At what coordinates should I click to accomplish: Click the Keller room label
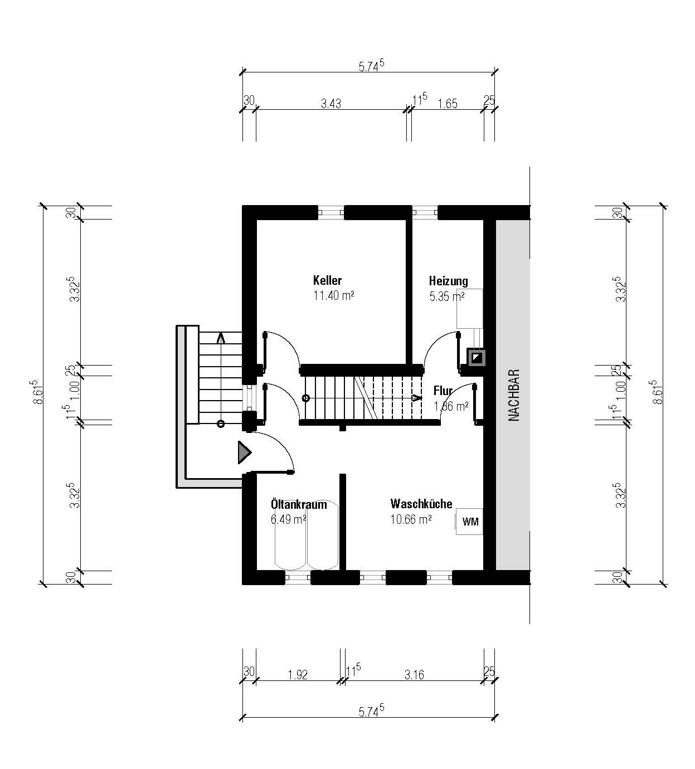[x=327, y=280]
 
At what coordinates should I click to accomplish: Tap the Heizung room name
[x=448, y=281]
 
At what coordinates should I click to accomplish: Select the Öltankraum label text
[x=299, y=504]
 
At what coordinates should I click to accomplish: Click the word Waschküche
[x=421, y=503]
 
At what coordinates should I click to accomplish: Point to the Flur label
[x=443, y=391]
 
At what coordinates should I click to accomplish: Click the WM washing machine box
[x=469, y=522]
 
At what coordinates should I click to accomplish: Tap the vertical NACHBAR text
[x=513, y=395]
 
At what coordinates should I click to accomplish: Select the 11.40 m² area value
[x=334, y=295]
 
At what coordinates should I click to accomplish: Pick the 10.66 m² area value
[x=411, y=519]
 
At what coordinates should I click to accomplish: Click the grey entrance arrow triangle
[x=244, y=452]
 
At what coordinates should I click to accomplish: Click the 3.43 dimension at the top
[x=331, y=104]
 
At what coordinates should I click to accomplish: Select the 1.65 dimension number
[x=448, y=104]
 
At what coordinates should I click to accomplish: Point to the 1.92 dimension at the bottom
[x=298, y=675]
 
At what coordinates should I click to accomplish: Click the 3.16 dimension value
[x=414, y=675]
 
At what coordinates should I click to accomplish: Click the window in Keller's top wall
[x=331, y=212]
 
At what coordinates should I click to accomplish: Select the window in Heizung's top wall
[x=425, y=212]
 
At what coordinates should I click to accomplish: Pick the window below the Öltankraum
[x=298, y=577]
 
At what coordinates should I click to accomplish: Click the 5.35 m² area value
[x=447, y=296]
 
